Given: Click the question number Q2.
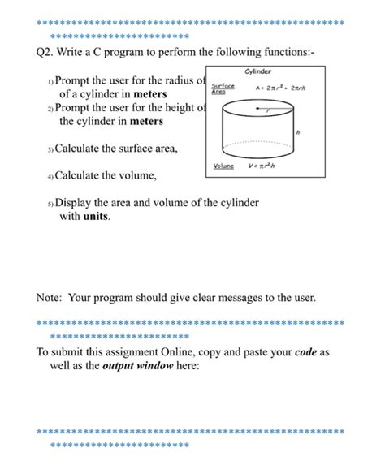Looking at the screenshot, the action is coord(45,53).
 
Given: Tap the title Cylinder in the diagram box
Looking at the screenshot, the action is coord(258,71).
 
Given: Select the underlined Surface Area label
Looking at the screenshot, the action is coord(223,88).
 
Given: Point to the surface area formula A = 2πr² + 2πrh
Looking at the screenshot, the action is coord(280,88).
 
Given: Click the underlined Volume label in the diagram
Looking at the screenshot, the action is coord(223,166).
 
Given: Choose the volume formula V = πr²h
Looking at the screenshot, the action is coord(262,166).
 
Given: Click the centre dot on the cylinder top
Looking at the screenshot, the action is coord(257,109).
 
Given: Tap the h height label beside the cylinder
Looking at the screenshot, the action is coord(298,132).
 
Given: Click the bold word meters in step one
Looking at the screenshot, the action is coord(150,94).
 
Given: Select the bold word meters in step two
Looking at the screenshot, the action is coord(146,121).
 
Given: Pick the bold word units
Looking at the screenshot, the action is coord(96,217).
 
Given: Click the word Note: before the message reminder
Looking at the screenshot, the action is coord(49,298).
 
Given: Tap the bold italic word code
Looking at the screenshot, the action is coord(305,352).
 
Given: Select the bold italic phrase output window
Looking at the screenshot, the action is coord(137,366).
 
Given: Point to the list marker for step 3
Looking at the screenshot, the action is coord(50,149).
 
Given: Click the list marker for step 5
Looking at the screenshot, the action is coord(50,204).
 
